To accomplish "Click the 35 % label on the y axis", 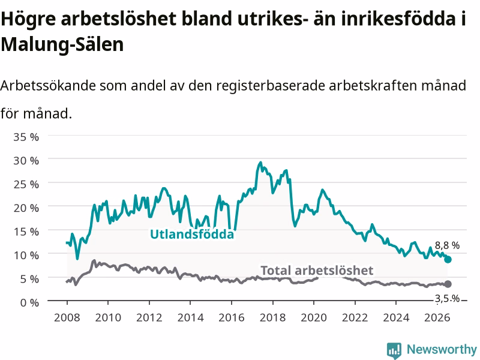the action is [x=26, y=137].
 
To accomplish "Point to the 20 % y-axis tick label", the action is [x=26, y=208].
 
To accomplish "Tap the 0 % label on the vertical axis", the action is [x=29, y=303].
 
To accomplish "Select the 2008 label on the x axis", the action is [x=67, y=317].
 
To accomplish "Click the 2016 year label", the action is [x=232, y=317].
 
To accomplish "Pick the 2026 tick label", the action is [x=437, y=317].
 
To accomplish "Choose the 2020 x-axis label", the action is [x=314, y=317].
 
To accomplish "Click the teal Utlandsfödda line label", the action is [x=192, y=234].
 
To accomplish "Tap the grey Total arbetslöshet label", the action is [x=317, y=271].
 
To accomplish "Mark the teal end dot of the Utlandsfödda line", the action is [x=448, y=260].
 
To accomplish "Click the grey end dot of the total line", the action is [x=448, y=284].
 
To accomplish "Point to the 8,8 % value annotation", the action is [x=447, y=245].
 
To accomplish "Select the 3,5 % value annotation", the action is [x=447, y=298].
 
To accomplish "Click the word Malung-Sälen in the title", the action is [x=62, y=44].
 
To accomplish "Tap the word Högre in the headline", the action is [x=28, y=19].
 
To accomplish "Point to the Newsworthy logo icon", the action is [x=394, y=350].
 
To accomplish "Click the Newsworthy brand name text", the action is [x=442, y=349].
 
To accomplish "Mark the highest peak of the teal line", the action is [x=260, y=162].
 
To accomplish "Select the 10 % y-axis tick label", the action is [x=26, y=256].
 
